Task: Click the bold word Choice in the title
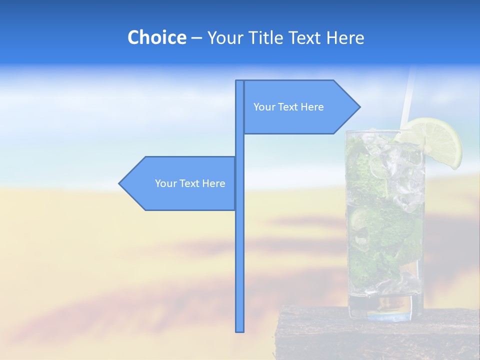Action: coord(156,38)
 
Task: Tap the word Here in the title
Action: coord(344,38)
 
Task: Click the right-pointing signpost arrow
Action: coord(300,107)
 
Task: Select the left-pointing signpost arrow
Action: coord(180,183)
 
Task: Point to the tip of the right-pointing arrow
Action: coord(359,107)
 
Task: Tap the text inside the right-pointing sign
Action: coord(288,107)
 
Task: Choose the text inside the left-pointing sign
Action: coord(190,183)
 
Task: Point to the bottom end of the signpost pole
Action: coord(239,330)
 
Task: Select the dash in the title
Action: coord(196,38)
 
